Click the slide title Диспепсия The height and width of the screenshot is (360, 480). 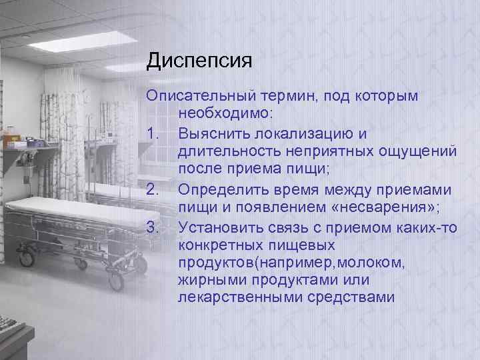(199, 62)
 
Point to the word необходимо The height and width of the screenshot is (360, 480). (221, 115)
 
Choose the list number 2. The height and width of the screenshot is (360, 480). (153, 190)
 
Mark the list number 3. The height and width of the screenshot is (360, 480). (153, 228)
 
